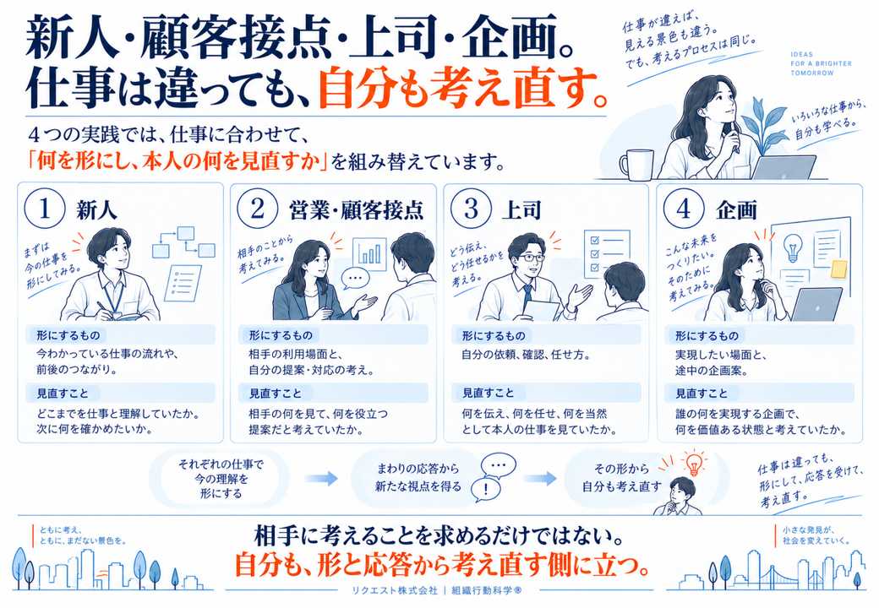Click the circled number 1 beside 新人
45,209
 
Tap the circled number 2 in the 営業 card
257,209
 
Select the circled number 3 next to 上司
471,209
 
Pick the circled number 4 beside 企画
684,209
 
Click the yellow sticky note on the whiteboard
839,269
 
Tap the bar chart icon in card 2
369,253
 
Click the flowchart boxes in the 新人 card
184,242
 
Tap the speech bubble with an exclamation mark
485,489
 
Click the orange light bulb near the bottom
694,463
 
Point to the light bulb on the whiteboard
792,247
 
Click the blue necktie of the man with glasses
527,297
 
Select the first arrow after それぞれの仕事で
321,478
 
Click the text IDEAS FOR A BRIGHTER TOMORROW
821,64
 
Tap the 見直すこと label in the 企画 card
702,394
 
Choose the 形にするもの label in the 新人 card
68,335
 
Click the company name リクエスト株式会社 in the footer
394,590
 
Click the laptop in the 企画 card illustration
816,304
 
